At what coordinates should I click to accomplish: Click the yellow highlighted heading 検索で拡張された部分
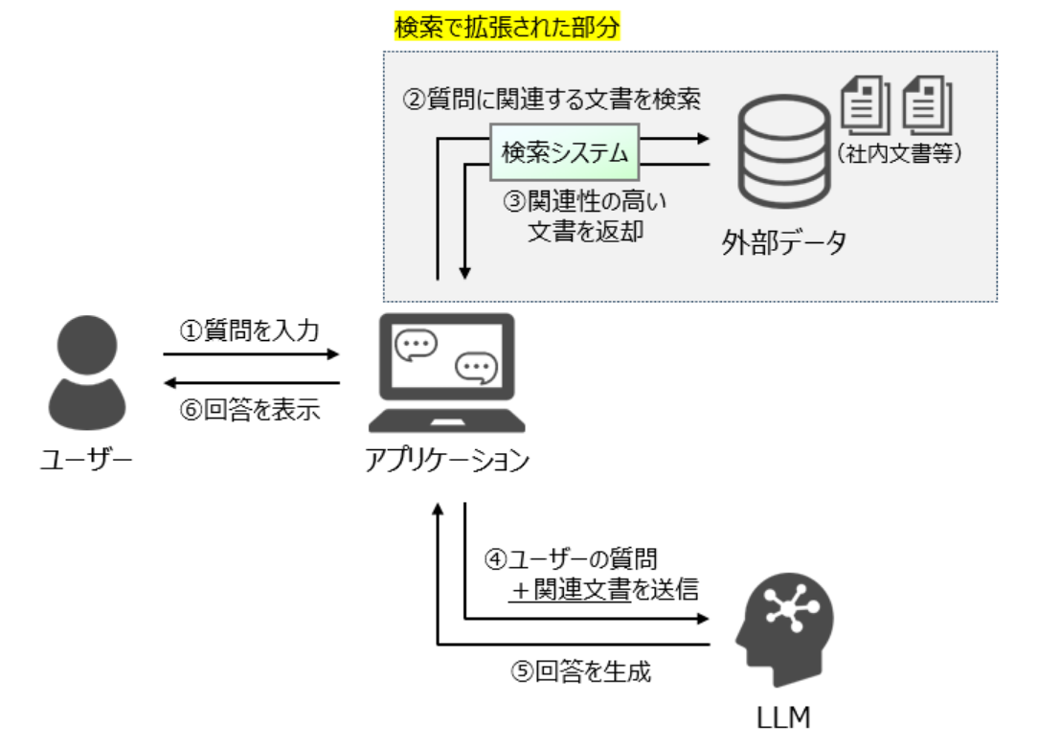[508, 27]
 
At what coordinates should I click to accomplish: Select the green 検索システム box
[565, 151]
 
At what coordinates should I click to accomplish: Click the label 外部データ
[784, 243]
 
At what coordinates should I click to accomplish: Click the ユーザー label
[86, 461]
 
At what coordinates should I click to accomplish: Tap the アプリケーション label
[446, 461]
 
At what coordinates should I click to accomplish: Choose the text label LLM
[785, 715]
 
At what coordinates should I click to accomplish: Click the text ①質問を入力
[250, 329]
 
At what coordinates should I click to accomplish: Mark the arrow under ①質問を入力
[251, 354]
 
